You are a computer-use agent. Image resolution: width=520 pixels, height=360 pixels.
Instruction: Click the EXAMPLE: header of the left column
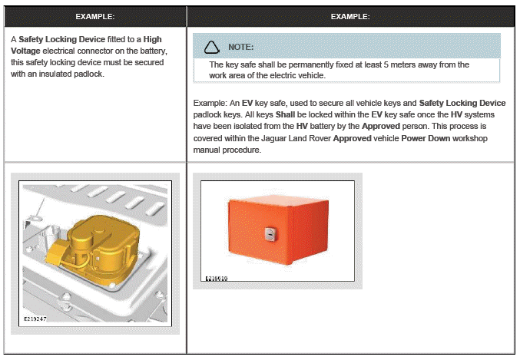coord(95,17)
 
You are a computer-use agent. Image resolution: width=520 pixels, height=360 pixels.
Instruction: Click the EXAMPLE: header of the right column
coord(350,17)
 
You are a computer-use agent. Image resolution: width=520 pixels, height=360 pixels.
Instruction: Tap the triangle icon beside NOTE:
coord(211,47)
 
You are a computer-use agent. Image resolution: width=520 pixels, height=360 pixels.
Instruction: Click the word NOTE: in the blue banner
coord(240,47)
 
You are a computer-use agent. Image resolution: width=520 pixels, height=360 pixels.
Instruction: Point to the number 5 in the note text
coord(386,64)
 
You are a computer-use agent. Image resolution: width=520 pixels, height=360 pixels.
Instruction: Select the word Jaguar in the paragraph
coord(273,138)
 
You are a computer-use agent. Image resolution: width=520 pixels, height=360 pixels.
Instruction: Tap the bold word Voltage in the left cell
coord(25,51)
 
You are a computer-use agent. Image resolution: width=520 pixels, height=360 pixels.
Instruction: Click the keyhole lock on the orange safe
coord(270,234)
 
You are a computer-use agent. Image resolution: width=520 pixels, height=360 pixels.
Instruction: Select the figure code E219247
coord(35,319)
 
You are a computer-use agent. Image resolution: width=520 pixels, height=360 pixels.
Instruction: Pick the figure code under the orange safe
coord(217,279)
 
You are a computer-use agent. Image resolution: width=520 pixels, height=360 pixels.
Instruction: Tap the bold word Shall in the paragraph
coord(285,114)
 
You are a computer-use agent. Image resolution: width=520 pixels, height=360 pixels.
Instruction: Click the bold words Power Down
coord(426,138)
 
